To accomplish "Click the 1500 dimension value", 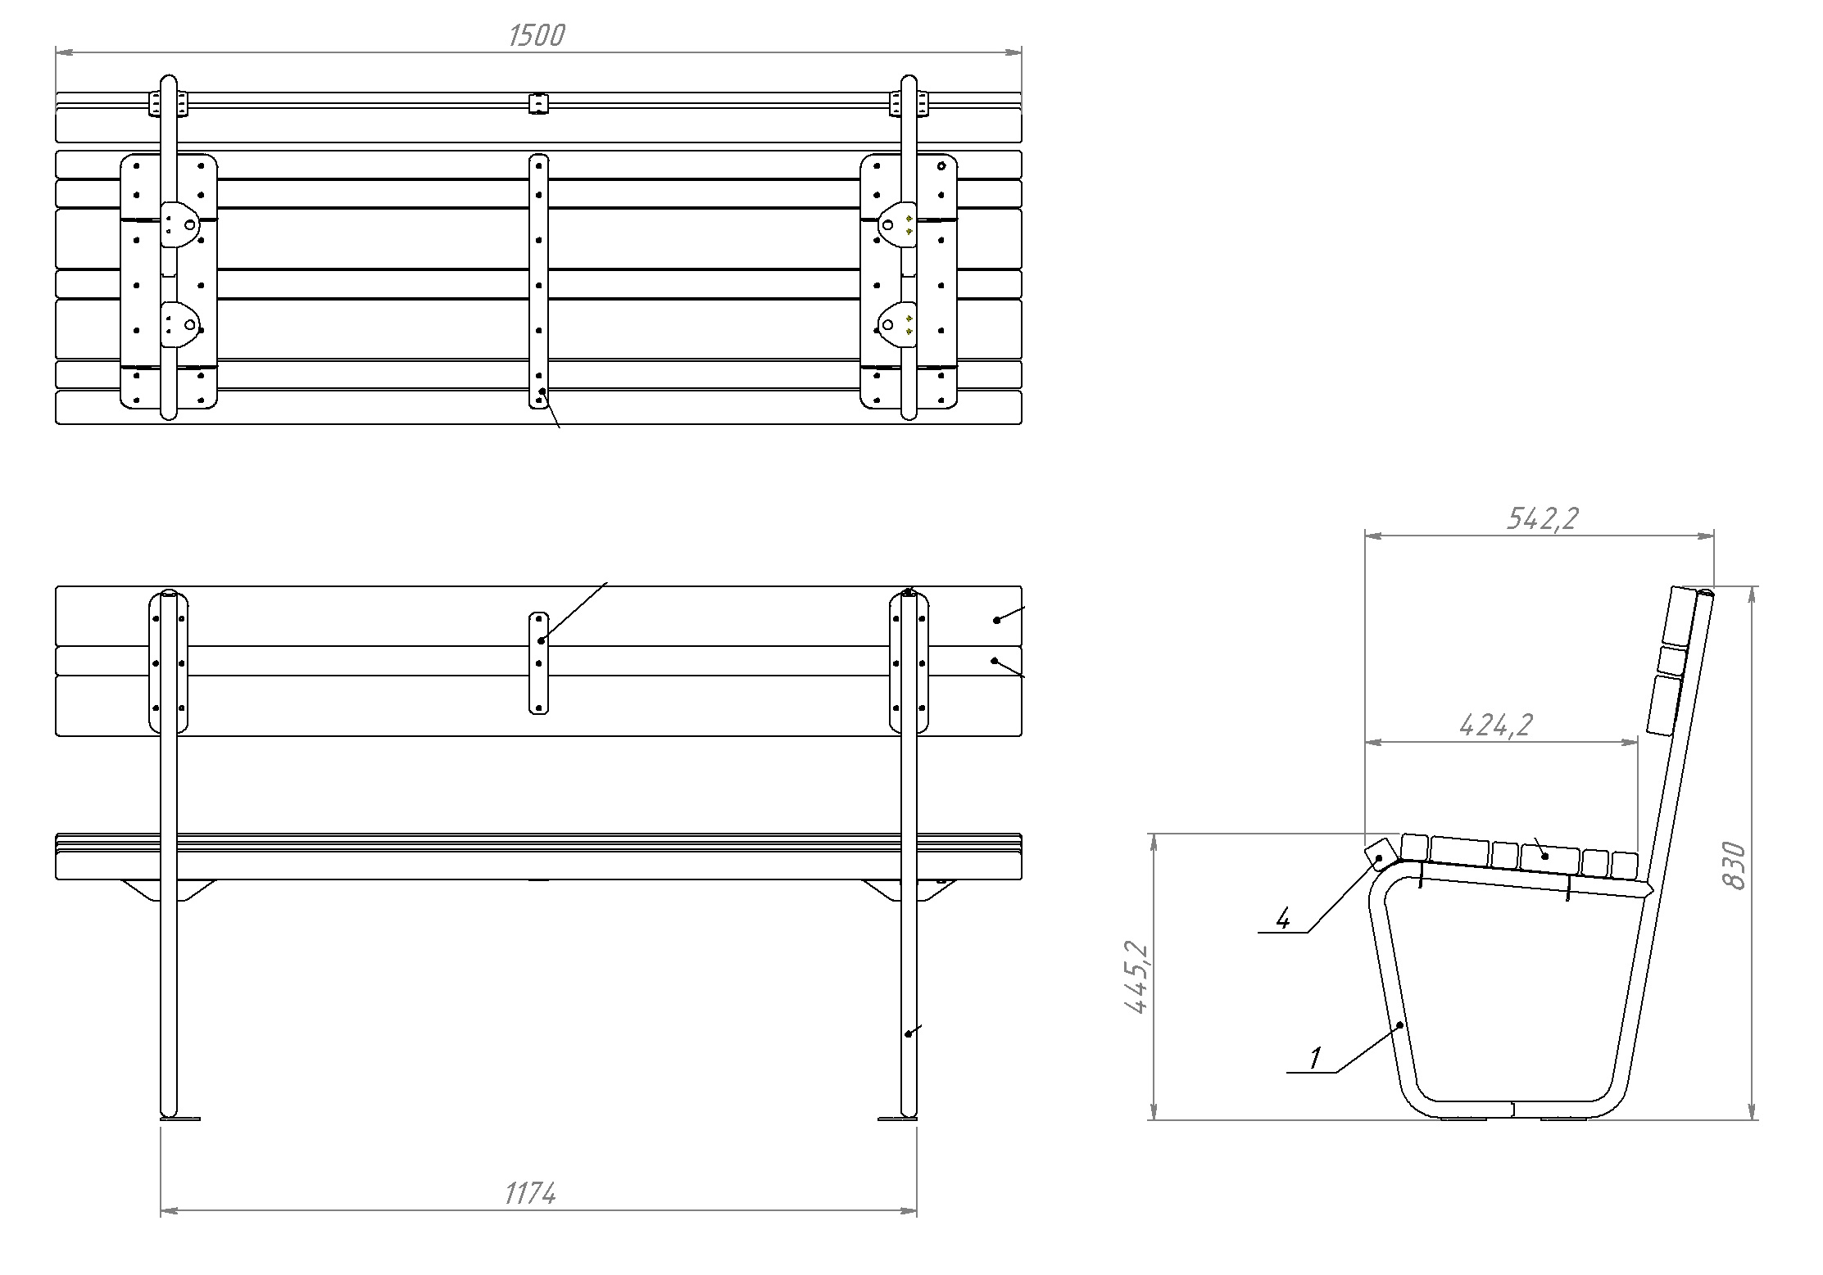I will [537, 35].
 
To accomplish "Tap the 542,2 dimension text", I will [1542, 518].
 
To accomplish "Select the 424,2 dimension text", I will [1496, 725].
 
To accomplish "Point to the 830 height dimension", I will [1735, 865].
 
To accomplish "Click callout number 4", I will [1283, 920].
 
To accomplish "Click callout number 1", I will [1314, 1058].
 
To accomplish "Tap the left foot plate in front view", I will [180, 1118].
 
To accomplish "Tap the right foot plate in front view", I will [898, 1118].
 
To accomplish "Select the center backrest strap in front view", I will [538, 662].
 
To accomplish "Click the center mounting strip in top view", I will [538, 280].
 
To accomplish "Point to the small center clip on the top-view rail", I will [537, 104].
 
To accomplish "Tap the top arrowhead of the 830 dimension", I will [1751, 592].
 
